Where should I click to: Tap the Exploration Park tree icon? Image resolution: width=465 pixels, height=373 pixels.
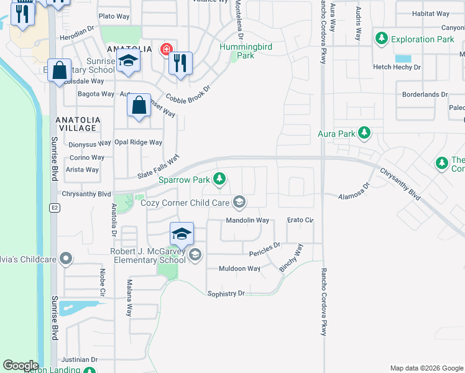point(382,39)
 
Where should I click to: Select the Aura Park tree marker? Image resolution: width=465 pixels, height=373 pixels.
point(364,133)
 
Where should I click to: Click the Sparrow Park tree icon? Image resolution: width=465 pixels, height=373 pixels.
point(219,180)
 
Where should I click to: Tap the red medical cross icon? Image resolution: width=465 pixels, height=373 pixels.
point(165,49)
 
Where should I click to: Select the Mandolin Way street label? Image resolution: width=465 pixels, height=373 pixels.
point(247,220)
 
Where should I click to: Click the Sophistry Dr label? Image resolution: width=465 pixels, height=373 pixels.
point(226,293)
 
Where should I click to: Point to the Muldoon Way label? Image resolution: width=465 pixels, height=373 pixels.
point(239,269)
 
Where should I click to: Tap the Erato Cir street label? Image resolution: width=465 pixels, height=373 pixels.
point(300,220)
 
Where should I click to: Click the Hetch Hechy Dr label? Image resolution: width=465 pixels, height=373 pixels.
point(397,67)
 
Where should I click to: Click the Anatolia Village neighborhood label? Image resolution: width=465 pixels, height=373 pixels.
point(76,123)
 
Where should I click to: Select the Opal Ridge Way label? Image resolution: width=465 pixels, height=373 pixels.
point(138,142)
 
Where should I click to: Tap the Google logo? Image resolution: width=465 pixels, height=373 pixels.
point(21,366)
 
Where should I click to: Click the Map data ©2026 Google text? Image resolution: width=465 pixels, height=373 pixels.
point(426,368)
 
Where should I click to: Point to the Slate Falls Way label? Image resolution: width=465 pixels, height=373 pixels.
point(159,167)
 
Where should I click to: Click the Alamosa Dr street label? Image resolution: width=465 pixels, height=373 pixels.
point(354,191)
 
